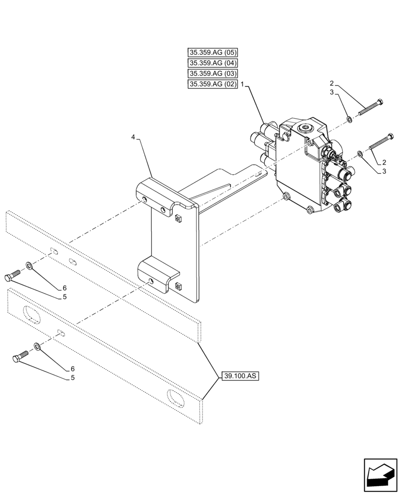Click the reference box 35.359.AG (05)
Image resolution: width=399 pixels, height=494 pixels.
[x=213, y=52]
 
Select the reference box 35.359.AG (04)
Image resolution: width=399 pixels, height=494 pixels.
[x=213, y=63]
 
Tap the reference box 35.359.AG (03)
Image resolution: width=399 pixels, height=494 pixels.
[x=213, y=74]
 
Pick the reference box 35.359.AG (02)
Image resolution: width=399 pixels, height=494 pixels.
[x=213, y=84]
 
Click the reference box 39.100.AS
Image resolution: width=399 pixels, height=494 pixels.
[x=240, y=376]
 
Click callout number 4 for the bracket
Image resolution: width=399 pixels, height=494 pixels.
[x=133, y=136]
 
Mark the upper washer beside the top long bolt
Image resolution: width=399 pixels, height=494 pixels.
[x=350, y=119]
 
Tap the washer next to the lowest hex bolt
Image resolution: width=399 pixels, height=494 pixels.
[x=37, y=345]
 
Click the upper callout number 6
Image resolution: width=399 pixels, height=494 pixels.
[x=64, y=288]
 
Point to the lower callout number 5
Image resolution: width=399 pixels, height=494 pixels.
[x=64, y=378]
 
